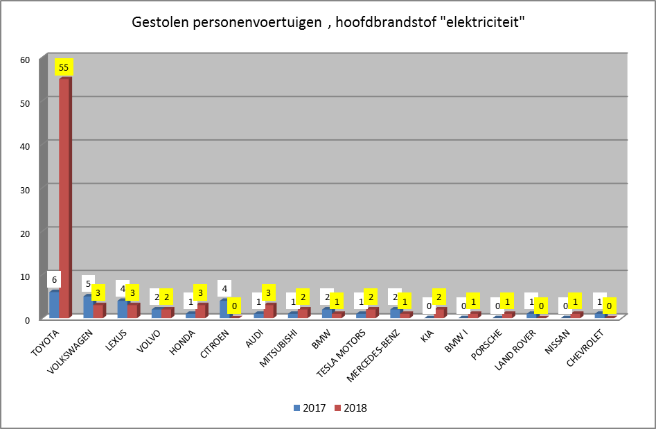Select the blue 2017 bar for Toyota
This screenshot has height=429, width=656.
(54, 304)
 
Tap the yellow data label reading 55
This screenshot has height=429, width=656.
(64, 68)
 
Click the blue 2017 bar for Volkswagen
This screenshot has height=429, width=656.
(88, 306)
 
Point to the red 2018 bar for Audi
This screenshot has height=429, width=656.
(269, 310)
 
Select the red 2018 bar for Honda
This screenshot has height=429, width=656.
(202, 310)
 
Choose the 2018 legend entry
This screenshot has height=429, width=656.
(351, 408)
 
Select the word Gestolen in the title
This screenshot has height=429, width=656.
(157, 22)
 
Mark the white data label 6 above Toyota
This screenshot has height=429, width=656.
(54, 280)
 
